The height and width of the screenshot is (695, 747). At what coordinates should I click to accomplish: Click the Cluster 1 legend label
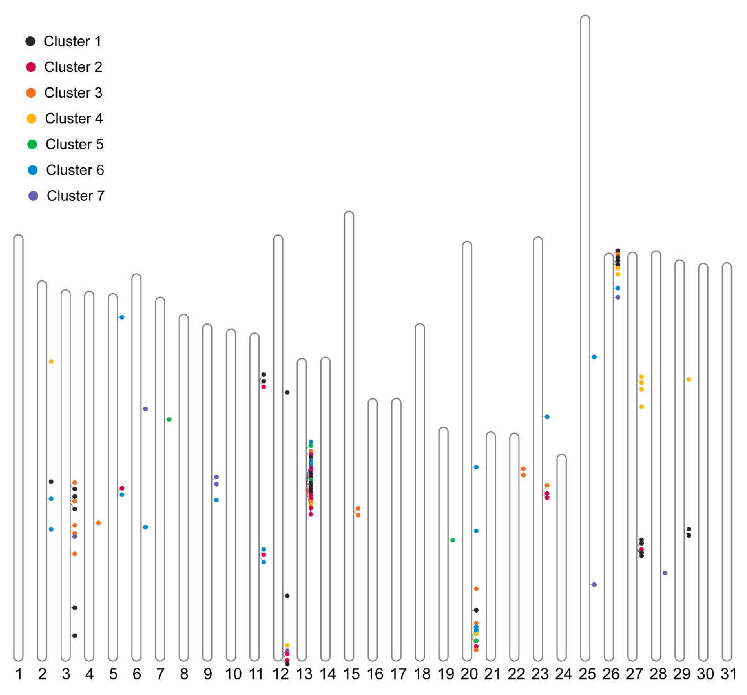[x=72, y=41]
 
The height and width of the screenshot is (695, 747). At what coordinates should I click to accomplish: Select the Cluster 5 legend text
[x=74, y=144]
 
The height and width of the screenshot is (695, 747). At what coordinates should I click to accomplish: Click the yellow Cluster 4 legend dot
[x=32, y=119]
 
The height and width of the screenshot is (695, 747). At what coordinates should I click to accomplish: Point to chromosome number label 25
[x=587, y=674]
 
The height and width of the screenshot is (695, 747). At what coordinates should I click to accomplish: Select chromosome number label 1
[x=19, y=674]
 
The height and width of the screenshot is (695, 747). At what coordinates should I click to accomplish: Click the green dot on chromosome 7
[x=169, y=419]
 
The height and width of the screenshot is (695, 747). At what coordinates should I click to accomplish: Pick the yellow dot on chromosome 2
[x=51, y=362]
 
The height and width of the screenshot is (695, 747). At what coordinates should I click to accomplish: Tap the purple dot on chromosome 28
[x=665, y=573]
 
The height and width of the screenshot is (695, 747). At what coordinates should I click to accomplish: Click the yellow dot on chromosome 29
[x=689, y=380]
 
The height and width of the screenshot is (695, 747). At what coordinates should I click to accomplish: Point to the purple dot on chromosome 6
[x=145, y=409]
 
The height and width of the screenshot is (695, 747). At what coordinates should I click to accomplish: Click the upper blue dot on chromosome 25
[x=594, y=357]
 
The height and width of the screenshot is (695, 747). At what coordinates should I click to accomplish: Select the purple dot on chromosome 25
[x=594, y=585]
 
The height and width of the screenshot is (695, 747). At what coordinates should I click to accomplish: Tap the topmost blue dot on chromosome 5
[x=122, y=317]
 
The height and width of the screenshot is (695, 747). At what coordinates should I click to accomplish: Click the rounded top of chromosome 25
[x=585, y=18]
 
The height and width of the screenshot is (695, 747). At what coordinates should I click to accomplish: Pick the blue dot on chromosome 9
[x=217, y=500]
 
